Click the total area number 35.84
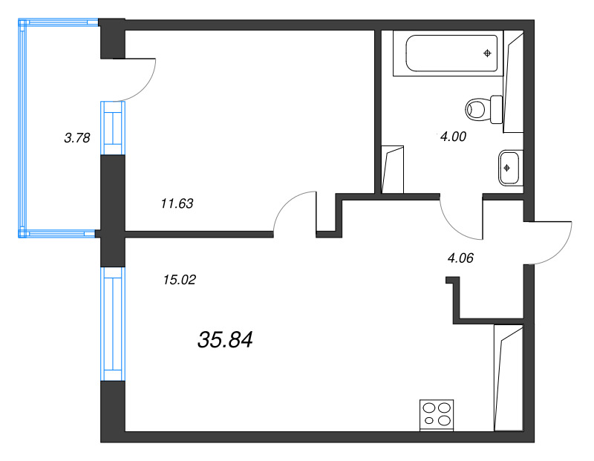226,340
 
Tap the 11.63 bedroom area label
177,203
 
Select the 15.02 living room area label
178,280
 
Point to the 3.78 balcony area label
77,137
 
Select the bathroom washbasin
509,166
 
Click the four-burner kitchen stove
437,413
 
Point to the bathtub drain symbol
487,53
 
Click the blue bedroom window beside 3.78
113,128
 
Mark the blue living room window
113,324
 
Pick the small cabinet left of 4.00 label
393,170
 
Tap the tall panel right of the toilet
514,82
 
